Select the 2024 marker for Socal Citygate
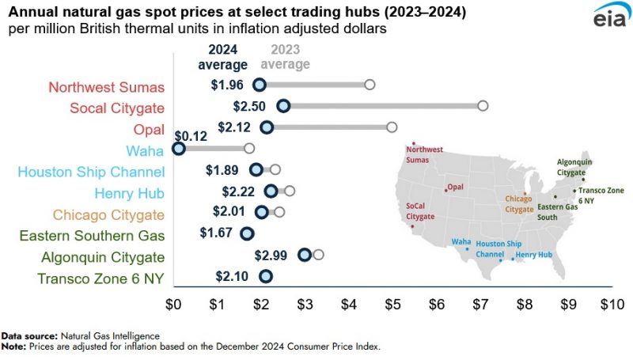pos(283,106)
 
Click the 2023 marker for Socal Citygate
pos(483,106)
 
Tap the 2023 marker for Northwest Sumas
pos(370,85)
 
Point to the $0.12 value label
pos(190,135)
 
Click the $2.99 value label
pos(271,255)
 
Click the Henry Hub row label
pos(127,193)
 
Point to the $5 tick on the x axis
pos(392,303)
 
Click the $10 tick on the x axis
pos(612,303)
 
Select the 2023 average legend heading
pos(286,58)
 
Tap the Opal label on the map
pos(455,188)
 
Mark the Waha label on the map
pos(461,241)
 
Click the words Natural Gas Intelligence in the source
pos(104,336)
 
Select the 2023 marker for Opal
pos(392,127)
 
